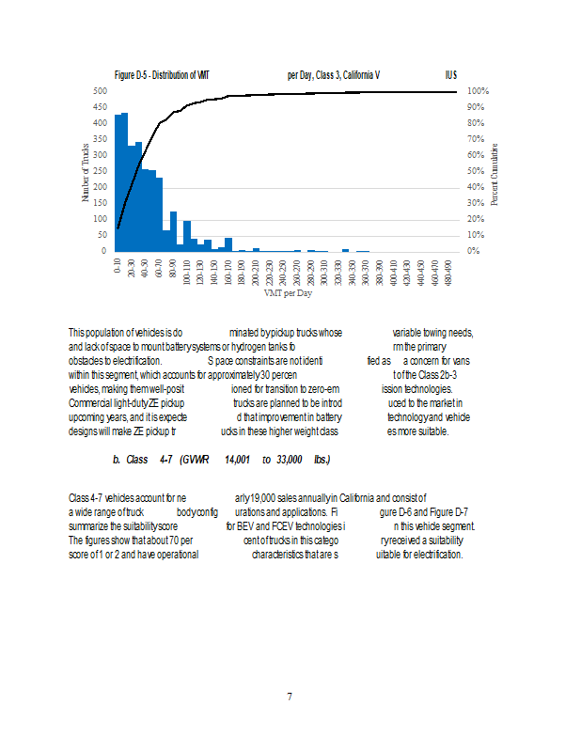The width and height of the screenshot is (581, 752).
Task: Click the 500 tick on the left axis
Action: (x=99, y=91)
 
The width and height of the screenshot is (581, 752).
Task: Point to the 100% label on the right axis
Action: (x=478, y=91)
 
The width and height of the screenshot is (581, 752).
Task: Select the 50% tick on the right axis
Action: (x=476, y=171)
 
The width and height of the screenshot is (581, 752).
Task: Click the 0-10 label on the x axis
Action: (x=118, y=266)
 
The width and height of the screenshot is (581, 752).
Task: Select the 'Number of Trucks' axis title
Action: (x=86, y=171)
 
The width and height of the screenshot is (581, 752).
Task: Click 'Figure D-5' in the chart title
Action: (x=134, y=74)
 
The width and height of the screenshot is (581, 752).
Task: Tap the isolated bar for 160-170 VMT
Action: (x=228, y=244)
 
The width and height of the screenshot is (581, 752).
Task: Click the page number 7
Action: (x=290, y=697)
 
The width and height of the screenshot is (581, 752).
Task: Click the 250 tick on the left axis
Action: (x=99, y=171)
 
